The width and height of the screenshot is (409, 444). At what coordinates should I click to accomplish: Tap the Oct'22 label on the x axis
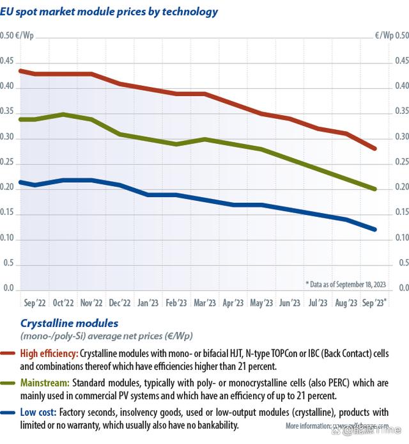tap(63, 303)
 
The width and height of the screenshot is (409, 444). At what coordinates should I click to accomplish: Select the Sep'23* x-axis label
tap(374, 303)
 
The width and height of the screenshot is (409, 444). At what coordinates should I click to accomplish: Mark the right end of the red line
tap(374, 148)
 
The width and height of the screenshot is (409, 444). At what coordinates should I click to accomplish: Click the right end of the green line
tap(374, 189)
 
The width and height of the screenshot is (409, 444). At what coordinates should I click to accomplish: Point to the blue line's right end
tap(374, 229)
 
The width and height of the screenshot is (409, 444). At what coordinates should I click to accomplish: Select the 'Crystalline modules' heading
tap(69, 324)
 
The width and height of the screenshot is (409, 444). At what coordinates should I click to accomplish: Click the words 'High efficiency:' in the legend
tap(49, 353)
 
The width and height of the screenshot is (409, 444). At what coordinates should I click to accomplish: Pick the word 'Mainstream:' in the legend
tap(44, 383)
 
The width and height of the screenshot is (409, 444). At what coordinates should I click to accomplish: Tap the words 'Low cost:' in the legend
tap(40, 413)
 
